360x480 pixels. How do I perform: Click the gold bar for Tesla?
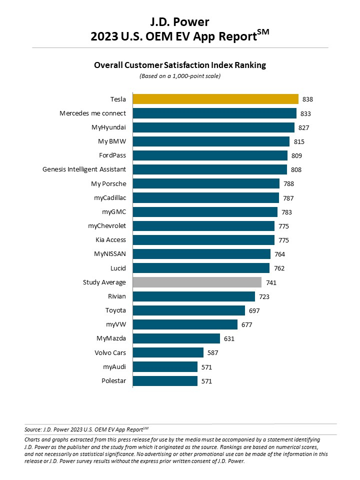tap(215, 99)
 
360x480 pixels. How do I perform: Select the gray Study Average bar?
tap(197, 282)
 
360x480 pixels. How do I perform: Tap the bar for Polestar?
tap(165, 381)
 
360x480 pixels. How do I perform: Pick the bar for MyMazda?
tap(176, 338)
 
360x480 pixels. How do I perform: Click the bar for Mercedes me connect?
tap(214, 113)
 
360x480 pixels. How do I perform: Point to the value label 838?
tap(307, 99)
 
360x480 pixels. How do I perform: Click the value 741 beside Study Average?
tap(271, 283)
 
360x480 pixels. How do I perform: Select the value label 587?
tap(213, 353)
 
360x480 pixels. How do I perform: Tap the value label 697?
tap(254, 311)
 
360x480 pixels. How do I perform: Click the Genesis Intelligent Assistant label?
tap(84, 169)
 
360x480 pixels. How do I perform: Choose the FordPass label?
tap(112, 155)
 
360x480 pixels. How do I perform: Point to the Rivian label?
tap(117, 296)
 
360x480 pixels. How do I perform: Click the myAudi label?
tap(114, 367)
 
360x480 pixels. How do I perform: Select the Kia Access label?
tap(111, 240)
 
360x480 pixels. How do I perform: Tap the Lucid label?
tap(118, 268)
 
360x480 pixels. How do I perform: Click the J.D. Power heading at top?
tap(180, 22)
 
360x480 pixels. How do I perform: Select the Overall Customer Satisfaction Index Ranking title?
tap(180, 65)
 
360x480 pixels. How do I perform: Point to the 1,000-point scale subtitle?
tap(180, 76)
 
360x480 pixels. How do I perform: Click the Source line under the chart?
tap(86, 429)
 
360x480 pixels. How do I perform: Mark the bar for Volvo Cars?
tap(168, 352)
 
